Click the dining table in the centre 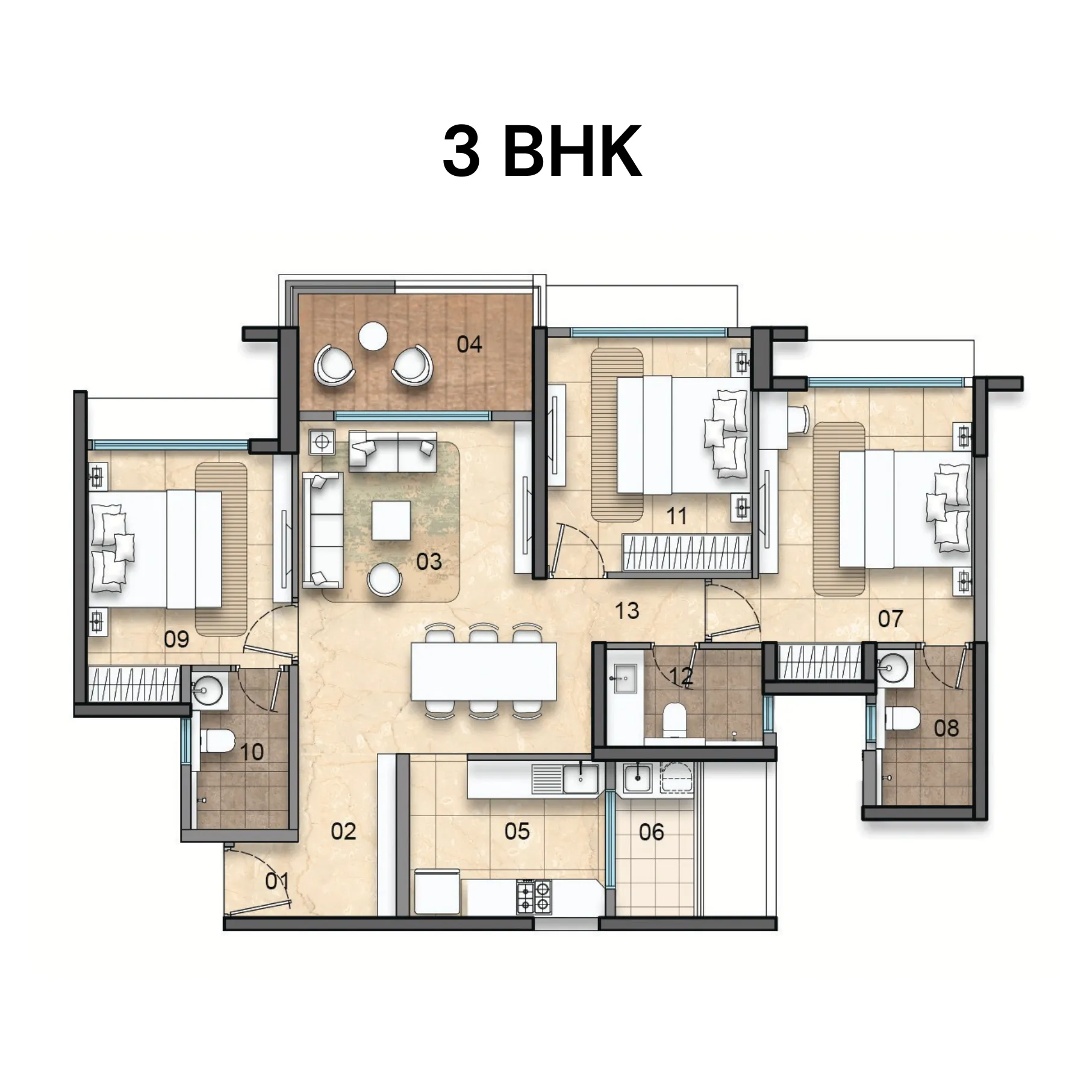[x=484, y=671]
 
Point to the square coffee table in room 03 [x=391, y=520]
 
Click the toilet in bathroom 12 [x=674, y=720]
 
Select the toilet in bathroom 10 [x=216, y=740]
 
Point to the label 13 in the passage [x=627, y=611]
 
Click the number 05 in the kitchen [x=517, y=832]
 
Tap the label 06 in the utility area [x=651, y=832]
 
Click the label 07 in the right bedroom [x=891, y=618]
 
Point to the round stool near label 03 [x=384, y=579]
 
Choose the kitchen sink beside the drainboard [x=581, y=777]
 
